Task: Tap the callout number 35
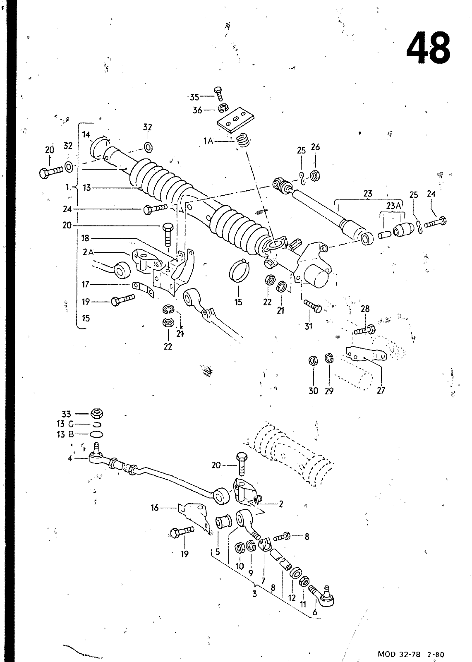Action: click(194, 97)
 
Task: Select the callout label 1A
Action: click(208, 141)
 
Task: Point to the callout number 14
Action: click(86, 135)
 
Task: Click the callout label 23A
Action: click(393, 206)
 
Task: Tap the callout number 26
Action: click(315, 147)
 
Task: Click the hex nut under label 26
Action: click(315, 176)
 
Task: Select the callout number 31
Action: click(308, 326)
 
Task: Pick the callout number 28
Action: click(365, 309)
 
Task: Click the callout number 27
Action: click(381, 391)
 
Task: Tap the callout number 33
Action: click(66, 414)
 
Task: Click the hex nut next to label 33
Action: click(97, 413)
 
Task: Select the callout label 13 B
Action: click(65, 434)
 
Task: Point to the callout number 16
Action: click(155, 508)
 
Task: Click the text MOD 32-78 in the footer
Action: click(399, 654)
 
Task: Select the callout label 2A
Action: click(88, 252)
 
